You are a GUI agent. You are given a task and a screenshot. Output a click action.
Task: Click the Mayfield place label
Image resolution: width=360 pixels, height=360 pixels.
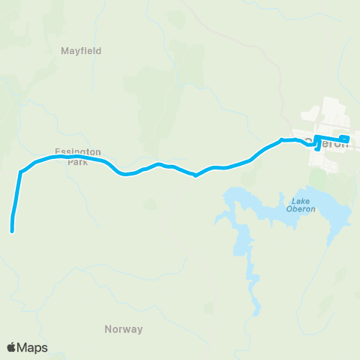tap(80, 51)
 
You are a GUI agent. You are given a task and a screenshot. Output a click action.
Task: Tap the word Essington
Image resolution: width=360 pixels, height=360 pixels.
tap(72, 150)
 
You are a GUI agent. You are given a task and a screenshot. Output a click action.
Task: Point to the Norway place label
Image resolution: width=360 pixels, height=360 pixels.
tap(123, 329)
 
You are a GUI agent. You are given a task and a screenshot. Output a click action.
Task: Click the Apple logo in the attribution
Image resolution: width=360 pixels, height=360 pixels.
tap(11, 347)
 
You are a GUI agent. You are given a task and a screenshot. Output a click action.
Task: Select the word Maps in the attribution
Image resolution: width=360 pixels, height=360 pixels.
tap(33, 347)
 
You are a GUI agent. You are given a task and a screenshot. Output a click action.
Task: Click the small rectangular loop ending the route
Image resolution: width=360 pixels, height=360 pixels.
tap(343, 138)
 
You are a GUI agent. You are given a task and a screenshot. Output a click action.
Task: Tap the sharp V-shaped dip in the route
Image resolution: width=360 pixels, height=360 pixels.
tap(195, 175)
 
